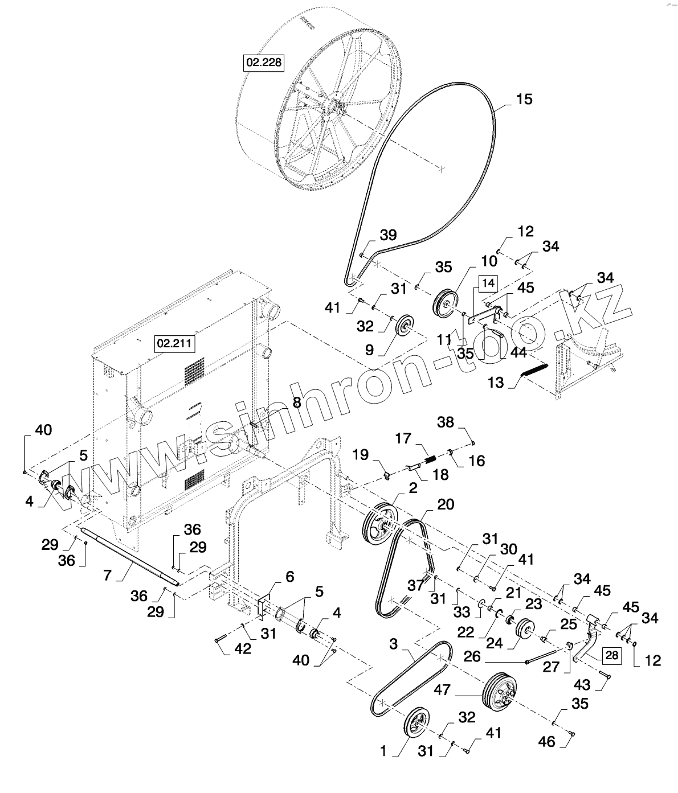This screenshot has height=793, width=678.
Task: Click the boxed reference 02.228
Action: [264, 62]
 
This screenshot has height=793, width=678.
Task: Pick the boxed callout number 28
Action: [611, 655]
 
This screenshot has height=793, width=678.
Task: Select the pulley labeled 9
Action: [405, 325]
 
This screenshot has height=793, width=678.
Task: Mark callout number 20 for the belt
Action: [446, 504]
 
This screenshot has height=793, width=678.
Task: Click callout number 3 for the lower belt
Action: [394, 644]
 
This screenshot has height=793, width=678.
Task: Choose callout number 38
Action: [446, 422]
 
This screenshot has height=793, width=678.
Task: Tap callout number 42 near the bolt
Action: [243, 649]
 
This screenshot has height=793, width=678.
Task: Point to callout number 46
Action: [547, 742]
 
